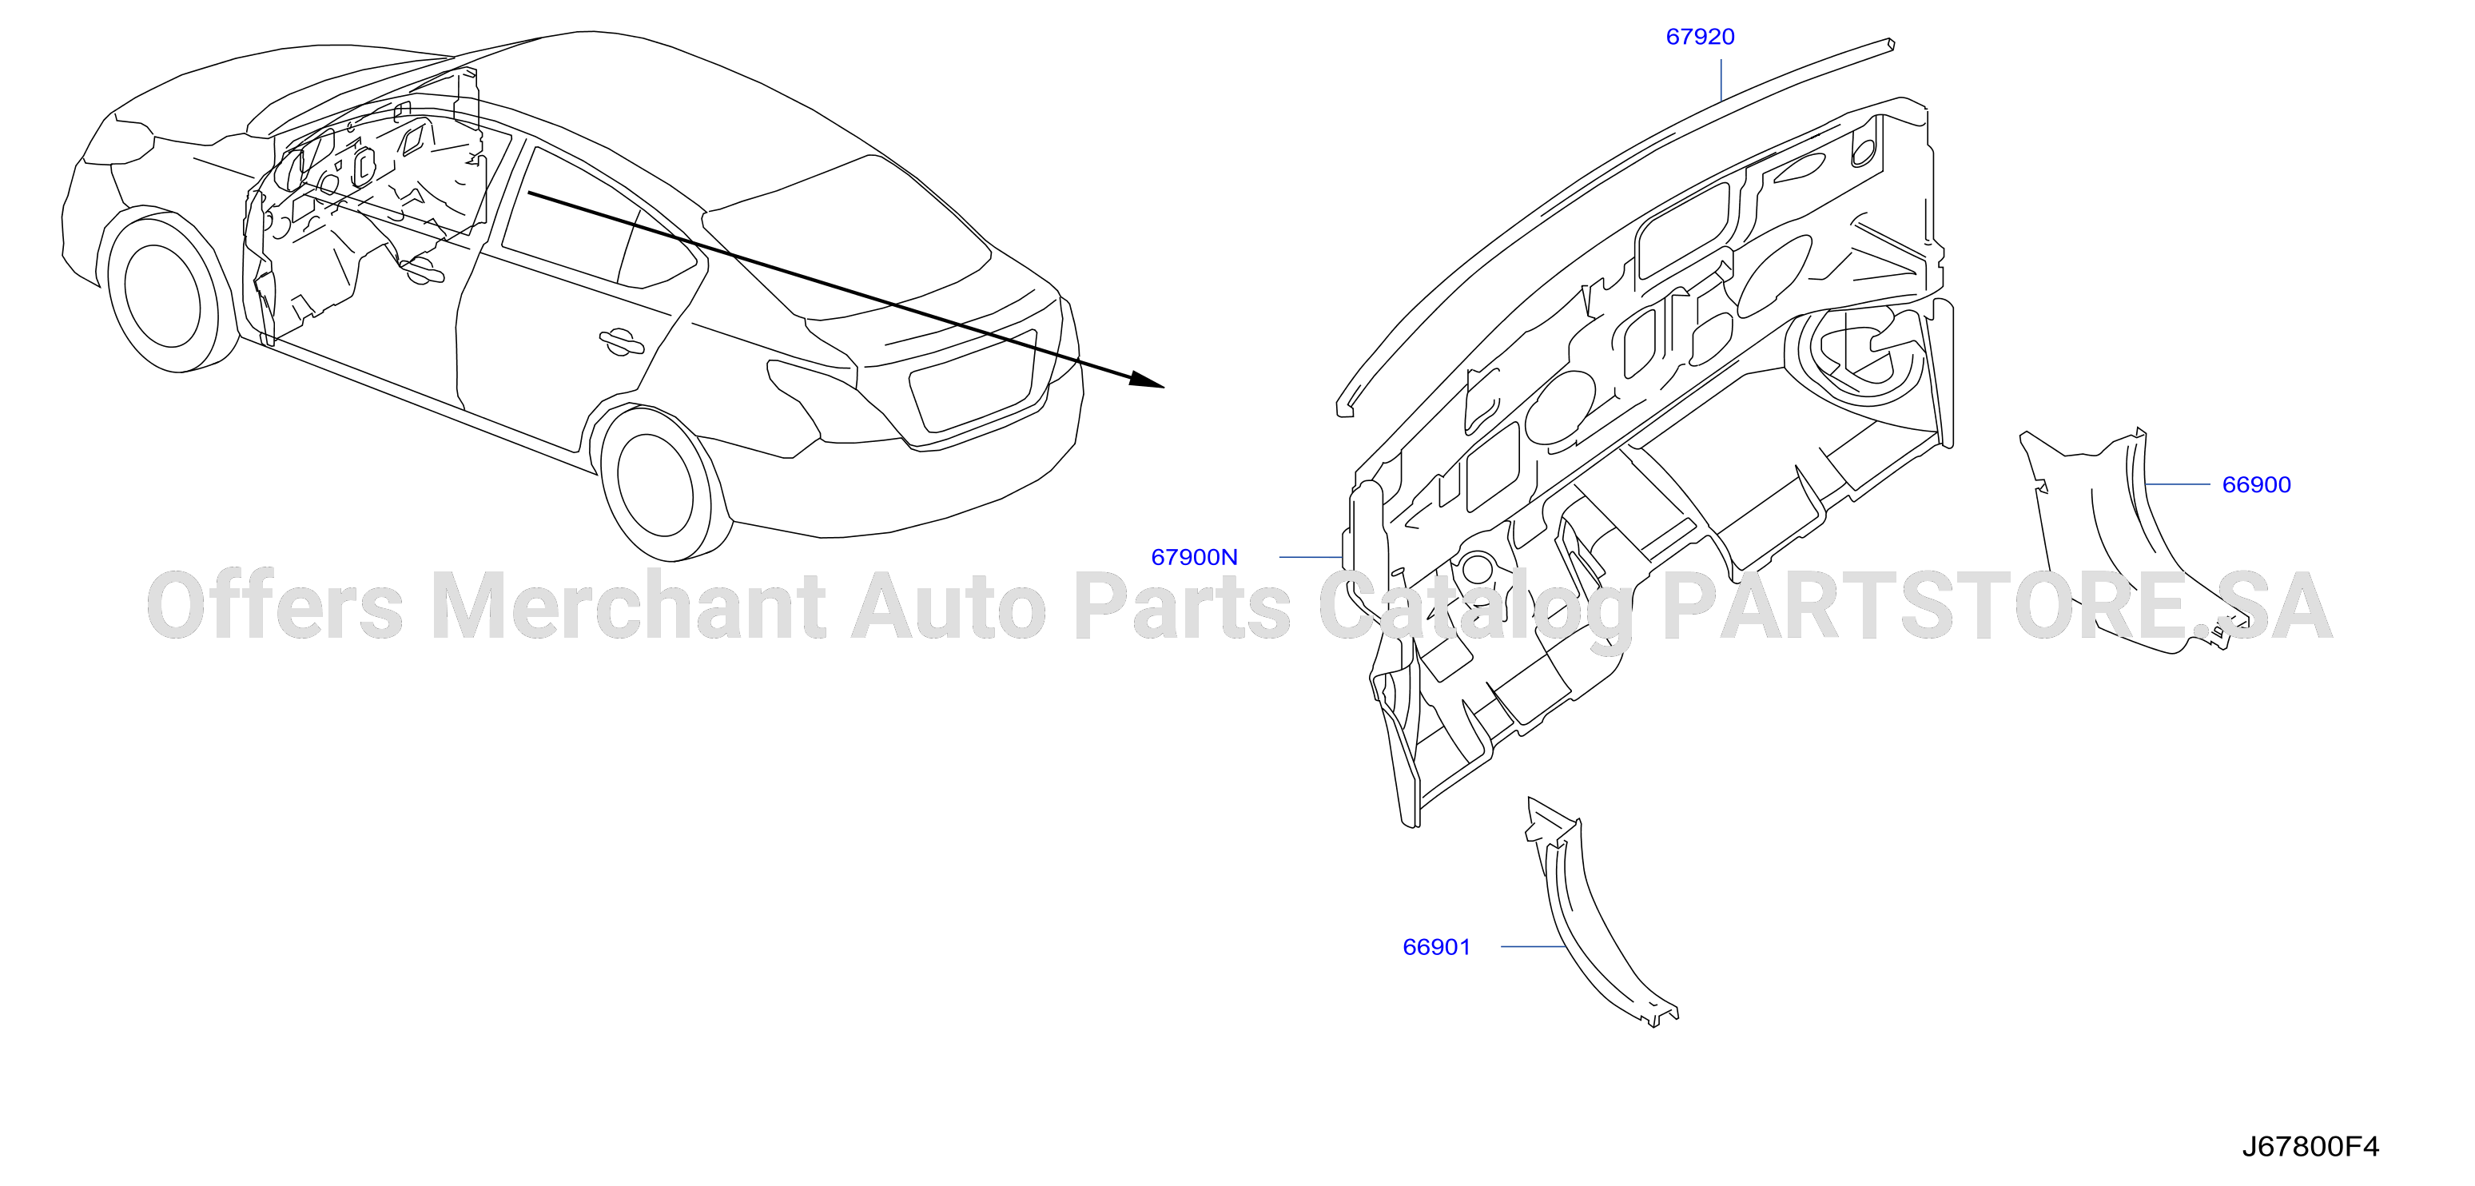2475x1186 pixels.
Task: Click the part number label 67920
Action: pos(1700,37)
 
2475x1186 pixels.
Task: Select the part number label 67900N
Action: pos(1194,556)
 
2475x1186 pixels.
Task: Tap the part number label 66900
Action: pos(2256,484)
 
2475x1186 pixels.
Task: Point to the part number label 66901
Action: pos(1436,947)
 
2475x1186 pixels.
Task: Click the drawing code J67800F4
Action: pos(2310,1147)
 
